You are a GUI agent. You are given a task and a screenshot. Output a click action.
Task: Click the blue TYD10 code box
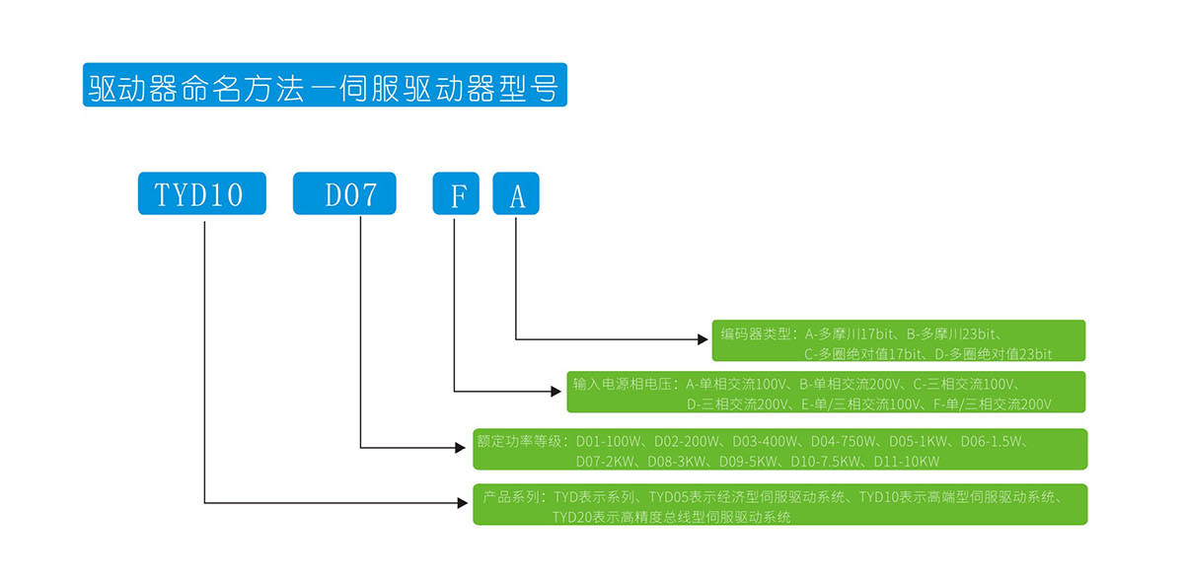202,194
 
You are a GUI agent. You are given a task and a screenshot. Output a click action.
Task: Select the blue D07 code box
344,194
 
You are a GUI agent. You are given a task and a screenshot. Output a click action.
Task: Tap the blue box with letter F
456,194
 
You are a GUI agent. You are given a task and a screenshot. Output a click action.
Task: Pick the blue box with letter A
516,194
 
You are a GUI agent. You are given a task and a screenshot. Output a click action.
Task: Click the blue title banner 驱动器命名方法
325,87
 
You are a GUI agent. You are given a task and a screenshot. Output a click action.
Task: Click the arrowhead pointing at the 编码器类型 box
703,340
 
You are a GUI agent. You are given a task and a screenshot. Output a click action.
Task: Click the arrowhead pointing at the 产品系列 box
463,503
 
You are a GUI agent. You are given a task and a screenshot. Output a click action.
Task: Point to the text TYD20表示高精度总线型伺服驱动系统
671,516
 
